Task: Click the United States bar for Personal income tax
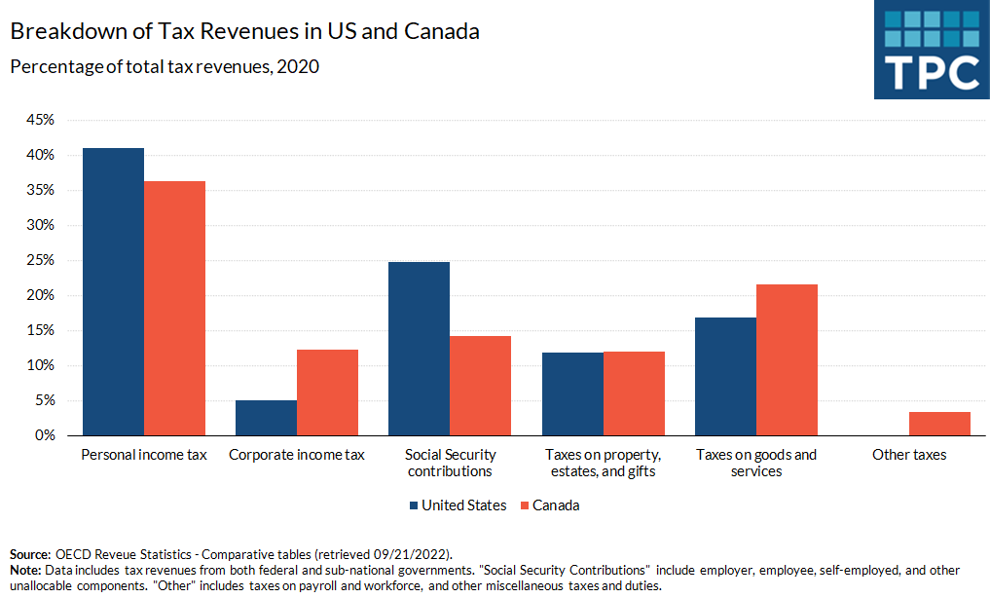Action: pyautogui.click(x=113, y=291)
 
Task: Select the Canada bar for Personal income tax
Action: pyautogui.click(x=174, y=308)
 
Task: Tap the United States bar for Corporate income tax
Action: pyautogui.click(x=266, y=418)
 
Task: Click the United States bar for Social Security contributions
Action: pyautogui.click(x=419, y=349)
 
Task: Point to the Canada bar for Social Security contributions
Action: pyautogui.click(x=480, y=386)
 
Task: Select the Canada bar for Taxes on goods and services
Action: pyautogui.click(x=787, y=359)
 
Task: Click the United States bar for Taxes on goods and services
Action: pyautogui.click(x=725, y=376)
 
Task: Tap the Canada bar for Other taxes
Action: pyautogui.click(x=939, y=424)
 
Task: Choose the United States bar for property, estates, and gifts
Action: pyautogui.click(x=572, y=393)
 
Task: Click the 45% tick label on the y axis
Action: pyautogui.click(x=40, y=120)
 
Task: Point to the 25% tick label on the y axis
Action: pyautogui.click(x=40, y=260)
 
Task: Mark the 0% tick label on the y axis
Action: pyautogui.click(x=44, y=435)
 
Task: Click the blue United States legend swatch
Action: pyautogui.click(x=414, y=505)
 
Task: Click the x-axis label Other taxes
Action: pyautogui.click(x=909, y=455)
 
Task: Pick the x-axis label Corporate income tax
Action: pyautogui.click(x=296, y=455)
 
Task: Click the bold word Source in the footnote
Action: pyautogui.click(x=29, y=553)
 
